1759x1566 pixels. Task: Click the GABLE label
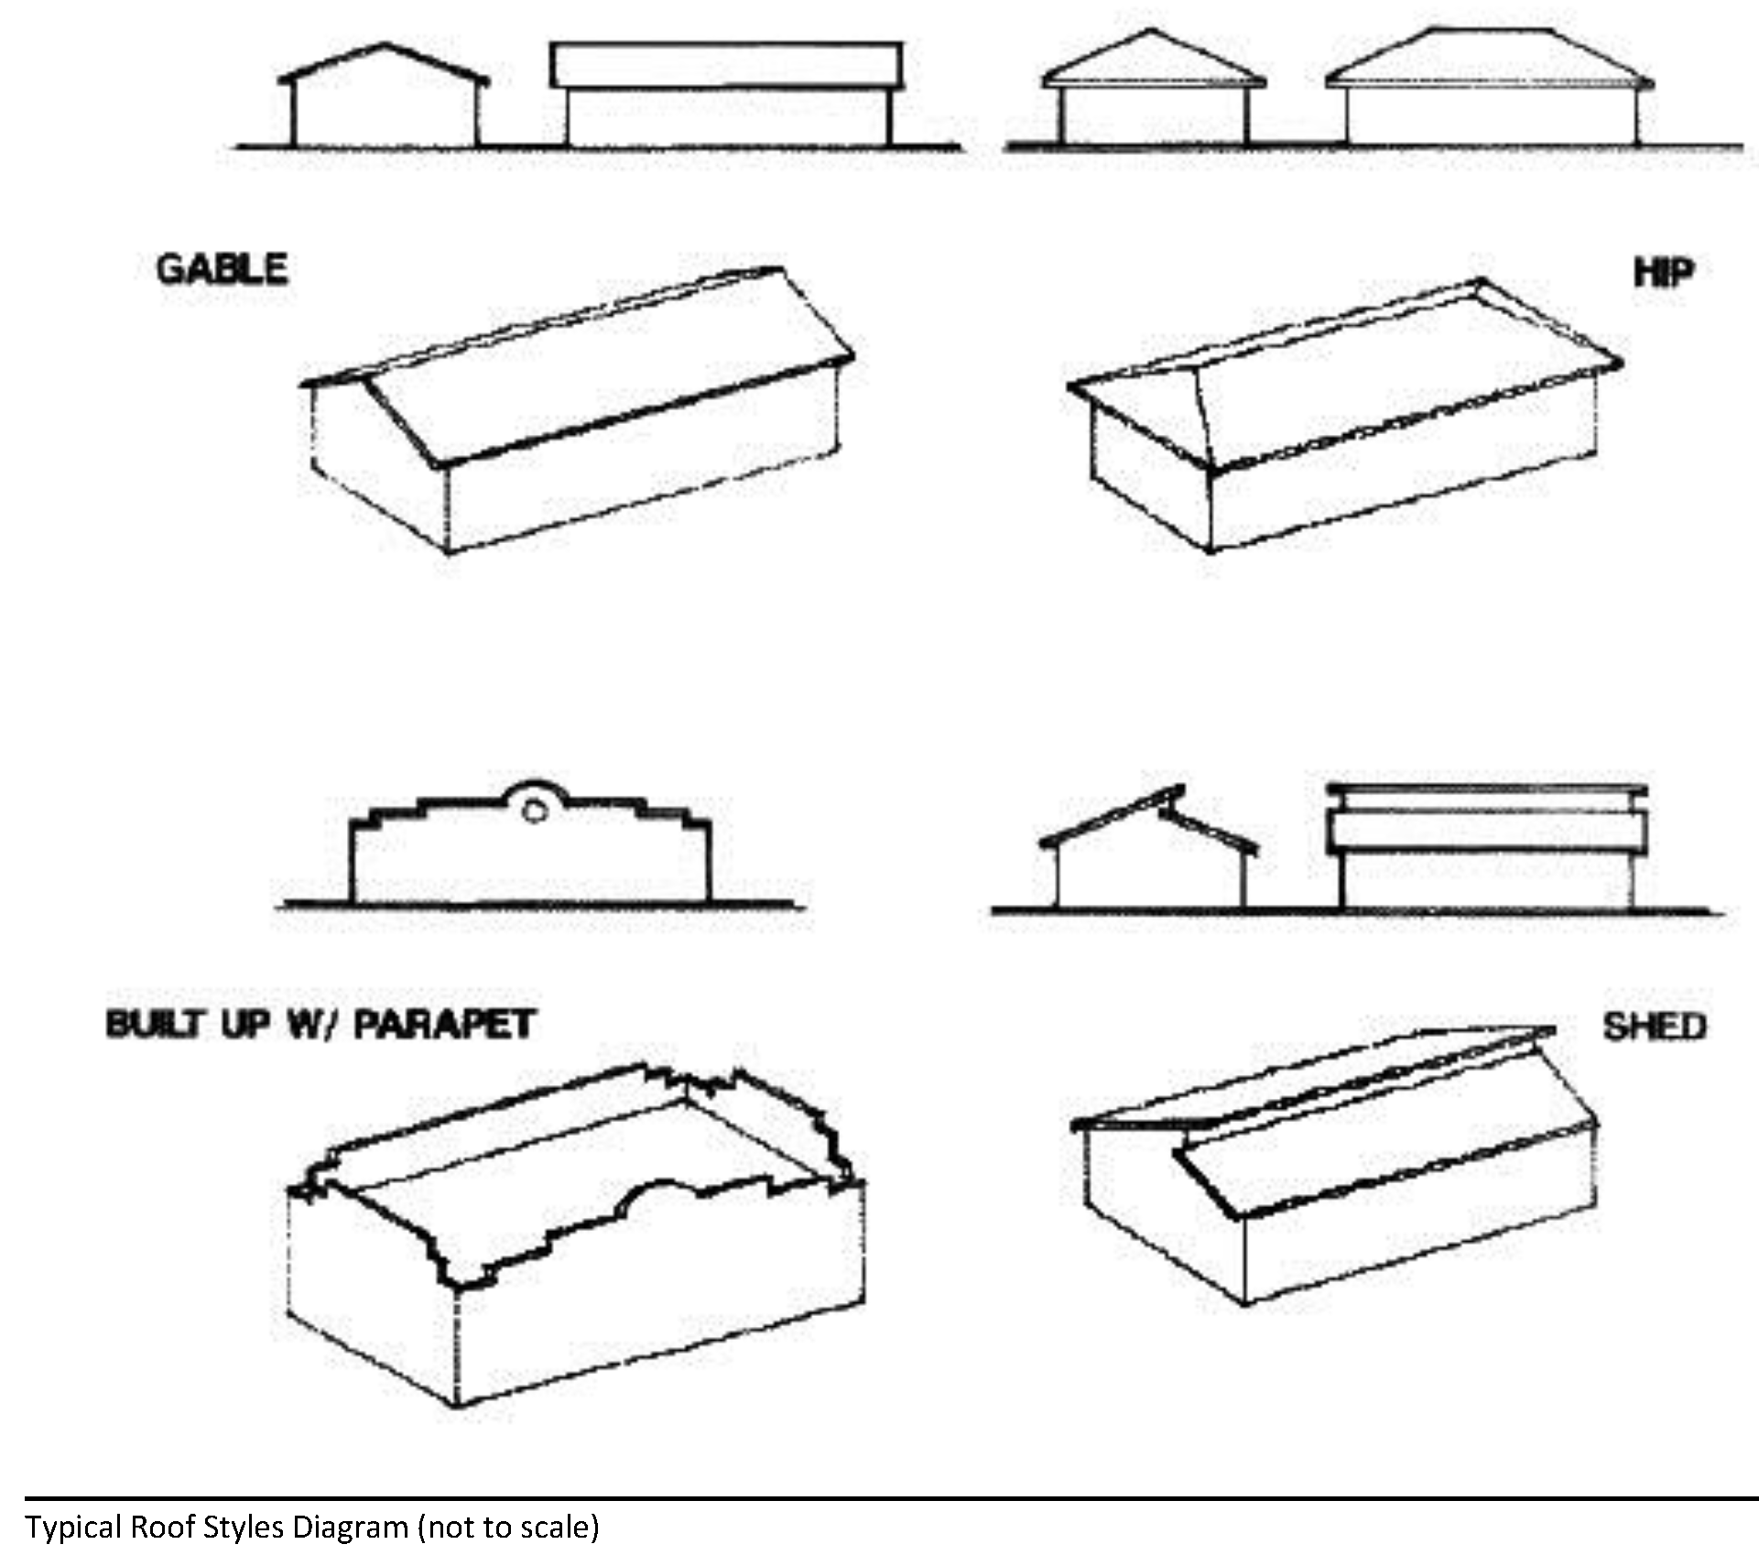pyautogui.click(x=222, y=269)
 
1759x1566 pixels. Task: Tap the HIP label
pyautogui.click(x=1663, y=272)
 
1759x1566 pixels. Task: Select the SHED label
pyautogui.click(x=1654, y=1027)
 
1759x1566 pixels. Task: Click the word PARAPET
pyautogui.click(x=444, y=1024)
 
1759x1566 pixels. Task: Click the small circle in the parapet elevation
pyautogui.click(x=535, y=810)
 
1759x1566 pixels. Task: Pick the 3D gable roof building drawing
pyautogui.click(x=577, y=412)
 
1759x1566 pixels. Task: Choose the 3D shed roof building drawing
pyautogui.click(x=1337, y=1163)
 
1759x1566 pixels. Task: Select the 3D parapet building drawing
pyautogui.click(x=577, y=1236)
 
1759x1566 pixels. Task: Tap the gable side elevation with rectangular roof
pyautogui.click(x=727, y=96)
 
